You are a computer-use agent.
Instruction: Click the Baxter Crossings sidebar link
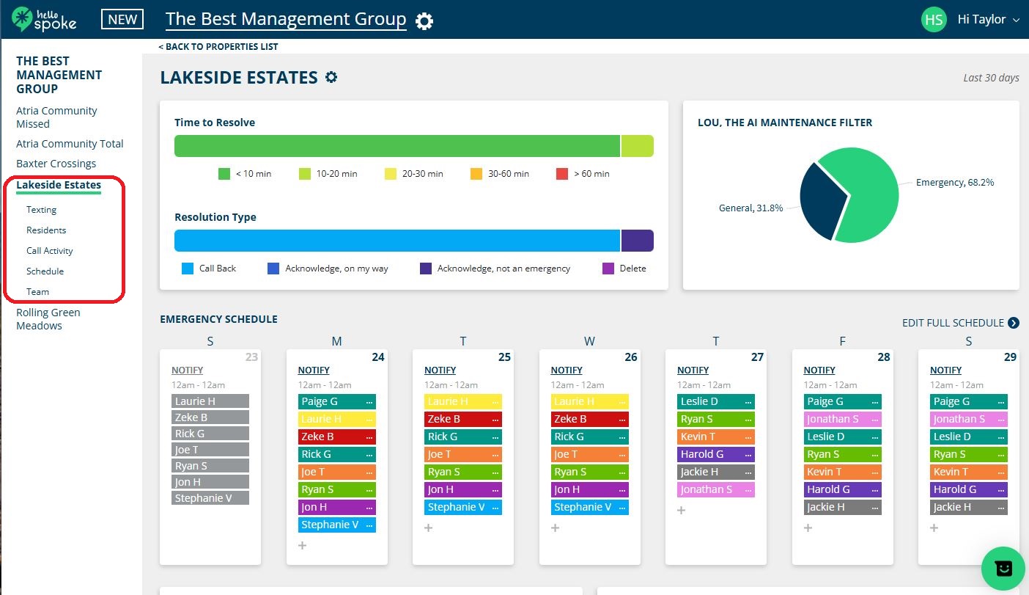pyautogui.click(x=56, y=164)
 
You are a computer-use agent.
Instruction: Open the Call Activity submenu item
pyautogui.click(x=50, y=251)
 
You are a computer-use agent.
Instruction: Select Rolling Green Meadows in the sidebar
pyautogui.click(x=48, y=319)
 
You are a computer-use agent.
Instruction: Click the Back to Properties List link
pyautogui.click(x=218, y=47)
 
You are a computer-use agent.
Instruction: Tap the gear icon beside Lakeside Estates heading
pyautogui.click(x=331, y=77)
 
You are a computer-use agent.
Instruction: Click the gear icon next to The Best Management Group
pyautogui.click(x=424, y=21)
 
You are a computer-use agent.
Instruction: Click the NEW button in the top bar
pyautogui.click(x=122, y=20)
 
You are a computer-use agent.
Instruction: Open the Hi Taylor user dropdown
pyautogui.click(x=987, y=20)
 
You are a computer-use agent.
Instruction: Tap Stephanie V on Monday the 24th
pyautogui.click(x=330, y=525)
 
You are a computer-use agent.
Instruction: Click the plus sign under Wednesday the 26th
pyautogui.click(x=555, y=528)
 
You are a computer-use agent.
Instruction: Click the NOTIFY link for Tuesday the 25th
pyautogui.click(x=440, y=370)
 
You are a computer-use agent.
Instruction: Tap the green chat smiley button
pyautogui.click(x=1003, y=569)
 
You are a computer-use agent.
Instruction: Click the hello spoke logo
pyautogui.click(x=44, y=19)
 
